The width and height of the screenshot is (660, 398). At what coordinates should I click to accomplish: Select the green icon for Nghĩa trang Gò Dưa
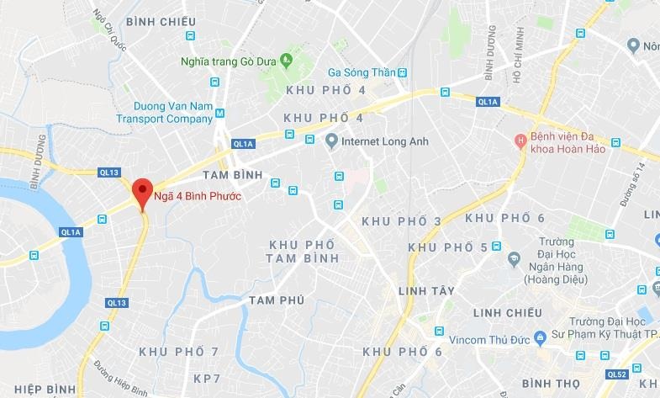coord(286,59)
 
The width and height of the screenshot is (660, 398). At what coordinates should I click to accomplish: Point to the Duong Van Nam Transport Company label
coord(173,113)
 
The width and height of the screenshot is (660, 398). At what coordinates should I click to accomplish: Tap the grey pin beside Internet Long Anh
coord(331,141)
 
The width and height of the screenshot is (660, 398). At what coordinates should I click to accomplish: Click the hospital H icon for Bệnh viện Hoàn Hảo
coord(520,138)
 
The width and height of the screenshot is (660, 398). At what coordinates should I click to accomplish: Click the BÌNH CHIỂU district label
coord(160,21)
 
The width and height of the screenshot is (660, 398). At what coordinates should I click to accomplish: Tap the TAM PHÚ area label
coord(276,300)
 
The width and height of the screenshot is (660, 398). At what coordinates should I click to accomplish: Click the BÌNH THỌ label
coord(551,384)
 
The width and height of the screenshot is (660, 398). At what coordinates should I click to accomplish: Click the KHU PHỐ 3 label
coord(401,220)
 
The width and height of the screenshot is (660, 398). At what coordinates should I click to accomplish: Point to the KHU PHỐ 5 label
coord(447,247)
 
